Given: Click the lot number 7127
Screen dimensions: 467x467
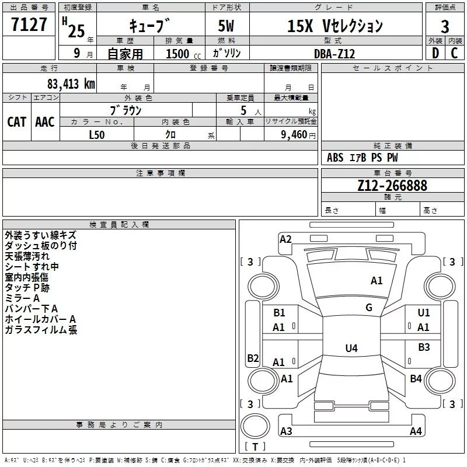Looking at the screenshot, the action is [29, 25].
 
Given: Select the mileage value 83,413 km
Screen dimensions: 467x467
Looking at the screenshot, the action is [71, 84].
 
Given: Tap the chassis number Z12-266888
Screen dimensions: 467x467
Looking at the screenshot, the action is [392, 186].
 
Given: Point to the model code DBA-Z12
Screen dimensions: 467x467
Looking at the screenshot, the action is [334, 54].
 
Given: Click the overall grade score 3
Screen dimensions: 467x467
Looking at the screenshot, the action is [445, 26].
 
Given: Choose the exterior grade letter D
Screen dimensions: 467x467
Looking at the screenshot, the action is [435, 53].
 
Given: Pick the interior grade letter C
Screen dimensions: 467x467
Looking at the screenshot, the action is [454, 53].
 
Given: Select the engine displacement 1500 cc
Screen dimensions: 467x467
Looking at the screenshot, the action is [183, 54].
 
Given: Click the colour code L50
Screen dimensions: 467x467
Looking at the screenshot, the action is [97, 135].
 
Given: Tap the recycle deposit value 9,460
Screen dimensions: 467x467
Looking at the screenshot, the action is [294, 135].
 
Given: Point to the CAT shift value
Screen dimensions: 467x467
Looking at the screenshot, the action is [17, 122].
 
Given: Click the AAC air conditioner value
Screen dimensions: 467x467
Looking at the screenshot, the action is [45, 122].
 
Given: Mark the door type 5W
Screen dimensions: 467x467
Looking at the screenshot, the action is [226, 26].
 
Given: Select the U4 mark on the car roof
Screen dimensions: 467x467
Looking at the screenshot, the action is [351, 348].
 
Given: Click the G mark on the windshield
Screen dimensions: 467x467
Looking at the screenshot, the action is [369, 308].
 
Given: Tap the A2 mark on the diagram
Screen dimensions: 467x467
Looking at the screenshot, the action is [285, 239].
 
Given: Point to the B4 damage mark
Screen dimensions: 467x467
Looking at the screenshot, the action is [416, 378].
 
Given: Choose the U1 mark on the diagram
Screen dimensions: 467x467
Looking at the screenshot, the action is [424, 313].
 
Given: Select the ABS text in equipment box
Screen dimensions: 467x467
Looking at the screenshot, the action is [335, 158].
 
